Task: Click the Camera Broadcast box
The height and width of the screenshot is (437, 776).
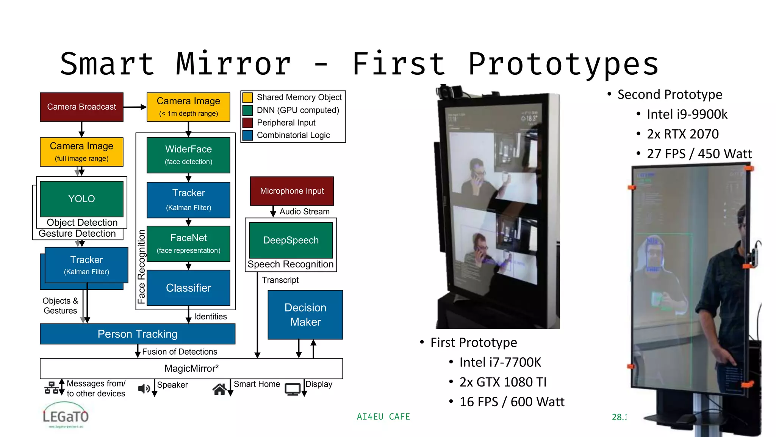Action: pyautogui.click(x=81, y=107)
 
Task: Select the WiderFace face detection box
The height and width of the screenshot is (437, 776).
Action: pyautogui.click(x=188, y=155)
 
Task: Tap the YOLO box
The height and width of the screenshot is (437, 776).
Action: pyautogui.click(x=81, y=199)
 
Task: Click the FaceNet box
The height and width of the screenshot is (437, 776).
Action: pyautogui.click(x=188, y=244)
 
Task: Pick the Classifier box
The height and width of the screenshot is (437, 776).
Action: pyautogui.click(x=188, y=288)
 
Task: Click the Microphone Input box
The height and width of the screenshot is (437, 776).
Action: pyautogui.click(x=292, y=191)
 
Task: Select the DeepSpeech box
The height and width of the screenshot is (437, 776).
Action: pyautogui.click(x=291, y=240)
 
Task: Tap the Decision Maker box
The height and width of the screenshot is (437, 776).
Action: pyautogui.click(x=305, y=314)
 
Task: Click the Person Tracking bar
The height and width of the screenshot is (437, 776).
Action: pyautogui.click(x=137, y=334)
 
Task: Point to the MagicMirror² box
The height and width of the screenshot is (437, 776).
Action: pyautogui.click(x=191, y=368)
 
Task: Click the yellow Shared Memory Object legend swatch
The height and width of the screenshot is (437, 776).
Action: pyautogui.click(x=247, y=97)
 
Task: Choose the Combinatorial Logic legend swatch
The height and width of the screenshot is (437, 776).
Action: pyautogui.click(x=247, y=135)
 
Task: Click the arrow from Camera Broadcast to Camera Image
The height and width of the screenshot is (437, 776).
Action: pyautogui.click(x=135, y=107)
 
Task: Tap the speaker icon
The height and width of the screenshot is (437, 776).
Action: pyautogui.click(x=144, y=388)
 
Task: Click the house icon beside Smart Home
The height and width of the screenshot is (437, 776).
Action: pyautogui.click(x=219, y=389)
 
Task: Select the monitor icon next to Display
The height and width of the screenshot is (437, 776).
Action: pyautogui.click(x=293, y=389)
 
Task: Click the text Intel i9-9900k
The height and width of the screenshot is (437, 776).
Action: pyautogui.click(x=687, y=114)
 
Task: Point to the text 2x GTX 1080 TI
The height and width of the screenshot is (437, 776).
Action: pyautogui.click(x=503, y=382)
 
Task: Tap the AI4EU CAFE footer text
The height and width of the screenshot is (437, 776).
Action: pyautogui.click(x=383, y=417)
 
